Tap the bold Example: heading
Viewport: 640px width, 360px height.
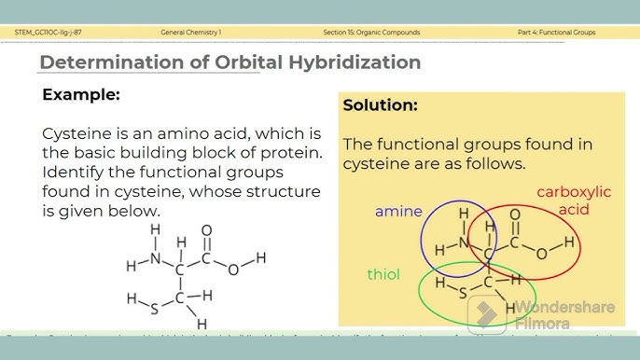point(81,95)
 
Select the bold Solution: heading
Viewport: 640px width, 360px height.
point(380,105)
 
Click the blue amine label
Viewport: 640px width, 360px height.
point(398,212)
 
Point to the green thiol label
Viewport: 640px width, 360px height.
point(383,274)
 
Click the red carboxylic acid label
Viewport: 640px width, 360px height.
point(574,201)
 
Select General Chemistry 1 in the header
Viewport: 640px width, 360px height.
point(191,33)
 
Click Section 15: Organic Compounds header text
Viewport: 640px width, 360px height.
point(371,33)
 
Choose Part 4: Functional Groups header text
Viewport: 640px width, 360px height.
point(556,33)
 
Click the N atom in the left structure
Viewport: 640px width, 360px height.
point(155,257)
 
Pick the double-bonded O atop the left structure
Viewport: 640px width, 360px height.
point(207,229)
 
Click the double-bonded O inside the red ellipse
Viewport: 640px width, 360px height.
point(515,215)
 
